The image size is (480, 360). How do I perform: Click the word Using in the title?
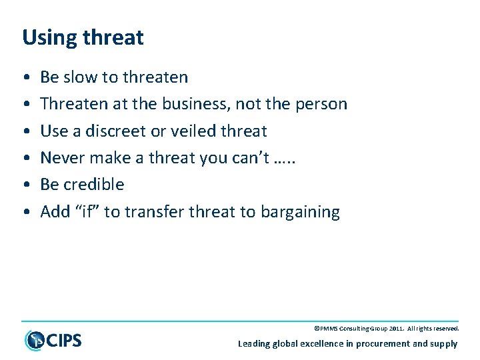[45, 38]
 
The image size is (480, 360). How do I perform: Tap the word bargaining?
[301, 213]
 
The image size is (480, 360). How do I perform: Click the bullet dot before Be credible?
[25, 185]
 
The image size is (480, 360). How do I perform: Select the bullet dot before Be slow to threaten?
[25, 78]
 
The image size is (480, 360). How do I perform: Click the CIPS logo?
[53, 340]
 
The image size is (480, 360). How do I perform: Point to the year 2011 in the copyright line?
[398, 329]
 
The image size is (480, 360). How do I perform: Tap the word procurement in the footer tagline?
[383, 344]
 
